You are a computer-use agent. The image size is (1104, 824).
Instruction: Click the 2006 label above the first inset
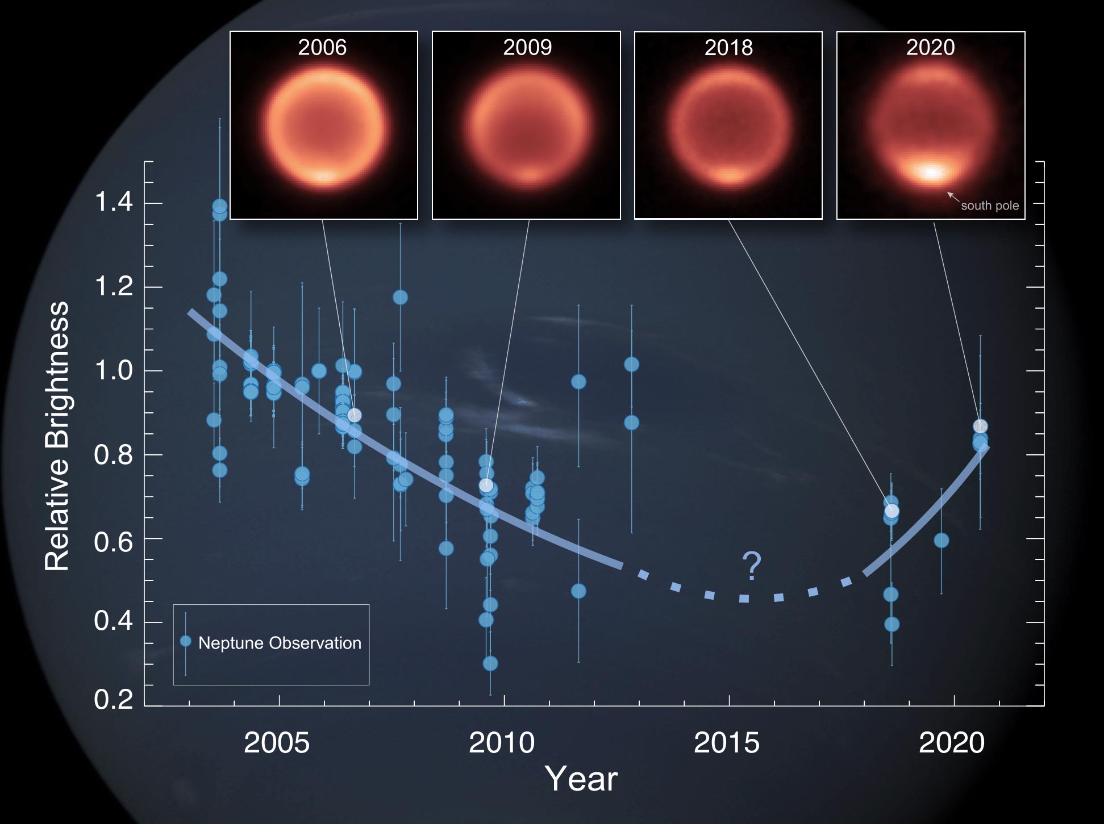pos(322,48)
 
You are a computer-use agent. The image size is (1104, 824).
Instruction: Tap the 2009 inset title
pos(527,48)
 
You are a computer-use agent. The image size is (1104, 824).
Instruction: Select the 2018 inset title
pos(728,48)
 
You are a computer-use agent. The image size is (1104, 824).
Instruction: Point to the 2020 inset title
pos(930,48)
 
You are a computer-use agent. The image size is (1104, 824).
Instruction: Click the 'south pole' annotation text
pos(990,206)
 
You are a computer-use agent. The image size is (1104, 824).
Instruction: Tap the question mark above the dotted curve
pos(751,566)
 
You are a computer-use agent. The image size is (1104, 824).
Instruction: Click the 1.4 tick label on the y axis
pos(114,202)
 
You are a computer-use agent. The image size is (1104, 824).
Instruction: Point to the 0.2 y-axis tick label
pos(114,699)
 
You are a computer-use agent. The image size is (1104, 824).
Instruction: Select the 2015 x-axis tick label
pos(727,743)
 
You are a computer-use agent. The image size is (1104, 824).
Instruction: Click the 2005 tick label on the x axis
pos(277,743)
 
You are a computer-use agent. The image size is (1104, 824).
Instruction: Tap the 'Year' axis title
pos(581,779)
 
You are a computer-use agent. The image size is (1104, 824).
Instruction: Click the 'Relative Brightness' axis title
pos(57,436)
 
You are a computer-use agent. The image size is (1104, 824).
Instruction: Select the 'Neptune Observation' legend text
pos(280,643)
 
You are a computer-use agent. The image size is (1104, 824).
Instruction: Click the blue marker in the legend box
pos(185,641)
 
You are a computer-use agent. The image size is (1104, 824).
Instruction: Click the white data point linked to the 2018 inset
pos(892,511)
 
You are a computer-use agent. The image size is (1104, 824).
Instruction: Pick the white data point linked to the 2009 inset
pos(486,486)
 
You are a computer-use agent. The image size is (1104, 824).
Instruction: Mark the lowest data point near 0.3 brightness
pos(490,663)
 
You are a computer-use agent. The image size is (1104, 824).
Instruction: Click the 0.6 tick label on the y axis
pos(114,542)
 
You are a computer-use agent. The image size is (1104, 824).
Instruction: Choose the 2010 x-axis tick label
pos(502,743)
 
